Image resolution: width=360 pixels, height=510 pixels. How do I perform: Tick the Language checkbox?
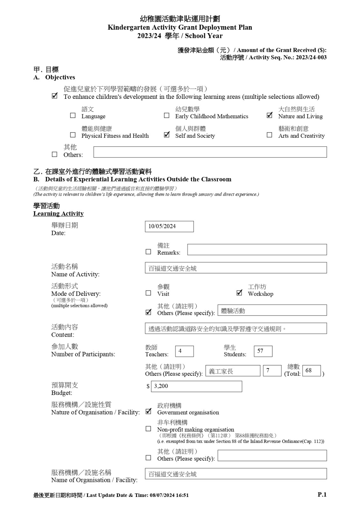[73, 115]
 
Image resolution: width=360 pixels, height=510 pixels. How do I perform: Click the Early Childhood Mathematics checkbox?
[167, 115]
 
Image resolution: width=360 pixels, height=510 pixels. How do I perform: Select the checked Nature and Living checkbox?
[270, 115]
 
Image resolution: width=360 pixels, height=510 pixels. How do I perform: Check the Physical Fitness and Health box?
[73, 135]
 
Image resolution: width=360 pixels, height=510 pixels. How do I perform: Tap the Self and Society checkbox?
[167, 135]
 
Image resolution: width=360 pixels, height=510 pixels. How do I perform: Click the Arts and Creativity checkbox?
[270, 135]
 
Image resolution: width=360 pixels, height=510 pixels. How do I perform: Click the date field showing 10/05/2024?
[169, 226]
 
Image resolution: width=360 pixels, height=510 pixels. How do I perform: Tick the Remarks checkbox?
[148, 252]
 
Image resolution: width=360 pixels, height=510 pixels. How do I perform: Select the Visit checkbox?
[148, 293]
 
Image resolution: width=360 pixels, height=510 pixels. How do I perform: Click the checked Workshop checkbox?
[240, 293]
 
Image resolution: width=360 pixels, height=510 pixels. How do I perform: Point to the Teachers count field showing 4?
[184, 351]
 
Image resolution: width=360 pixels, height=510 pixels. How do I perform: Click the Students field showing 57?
[263, 351]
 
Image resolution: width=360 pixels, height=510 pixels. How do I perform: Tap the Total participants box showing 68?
[311, 371]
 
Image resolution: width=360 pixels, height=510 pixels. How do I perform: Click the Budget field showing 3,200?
[197, 386]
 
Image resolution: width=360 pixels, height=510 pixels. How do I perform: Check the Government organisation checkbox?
[148, 412]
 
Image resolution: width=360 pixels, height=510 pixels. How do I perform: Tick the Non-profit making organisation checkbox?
[148, 429]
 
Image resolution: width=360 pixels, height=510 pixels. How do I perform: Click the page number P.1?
[322, 495]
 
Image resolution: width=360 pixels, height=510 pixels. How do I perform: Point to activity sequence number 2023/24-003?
[311, 57]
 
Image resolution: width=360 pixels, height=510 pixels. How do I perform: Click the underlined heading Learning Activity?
[58, 214]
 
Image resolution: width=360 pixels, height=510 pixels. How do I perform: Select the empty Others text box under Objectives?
[210, 152]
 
